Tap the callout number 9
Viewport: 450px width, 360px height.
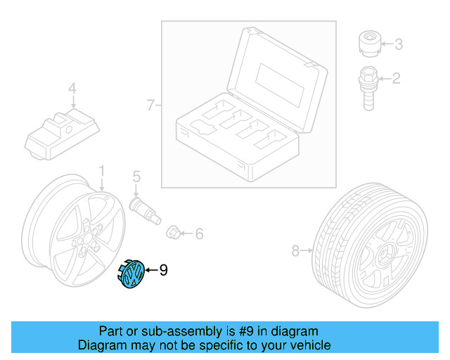[x=163, y=269]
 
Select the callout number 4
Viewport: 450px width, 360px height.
[x=71, y=89]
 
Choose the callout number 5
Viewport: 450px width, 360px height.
[x=136, y=176]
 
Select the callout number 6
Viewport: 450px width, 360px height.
[x=199, y=233]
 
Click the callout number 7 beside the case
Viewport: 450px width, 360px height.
[x=150, y=105]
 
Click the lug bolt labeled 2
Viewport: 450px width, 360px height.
[x=368, y=84]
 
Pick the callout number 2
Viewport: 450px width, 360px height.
[x=396, y=78]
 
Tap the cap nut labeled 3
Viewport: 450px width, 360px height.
[x=367, y=44]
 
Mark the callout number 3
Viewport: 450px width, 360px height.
[x=398, y=45]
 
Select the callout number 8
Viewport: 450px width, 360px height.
[x=295, y=250]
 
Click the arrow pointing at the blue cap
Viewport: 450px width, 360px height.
[x=150, y=269]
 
